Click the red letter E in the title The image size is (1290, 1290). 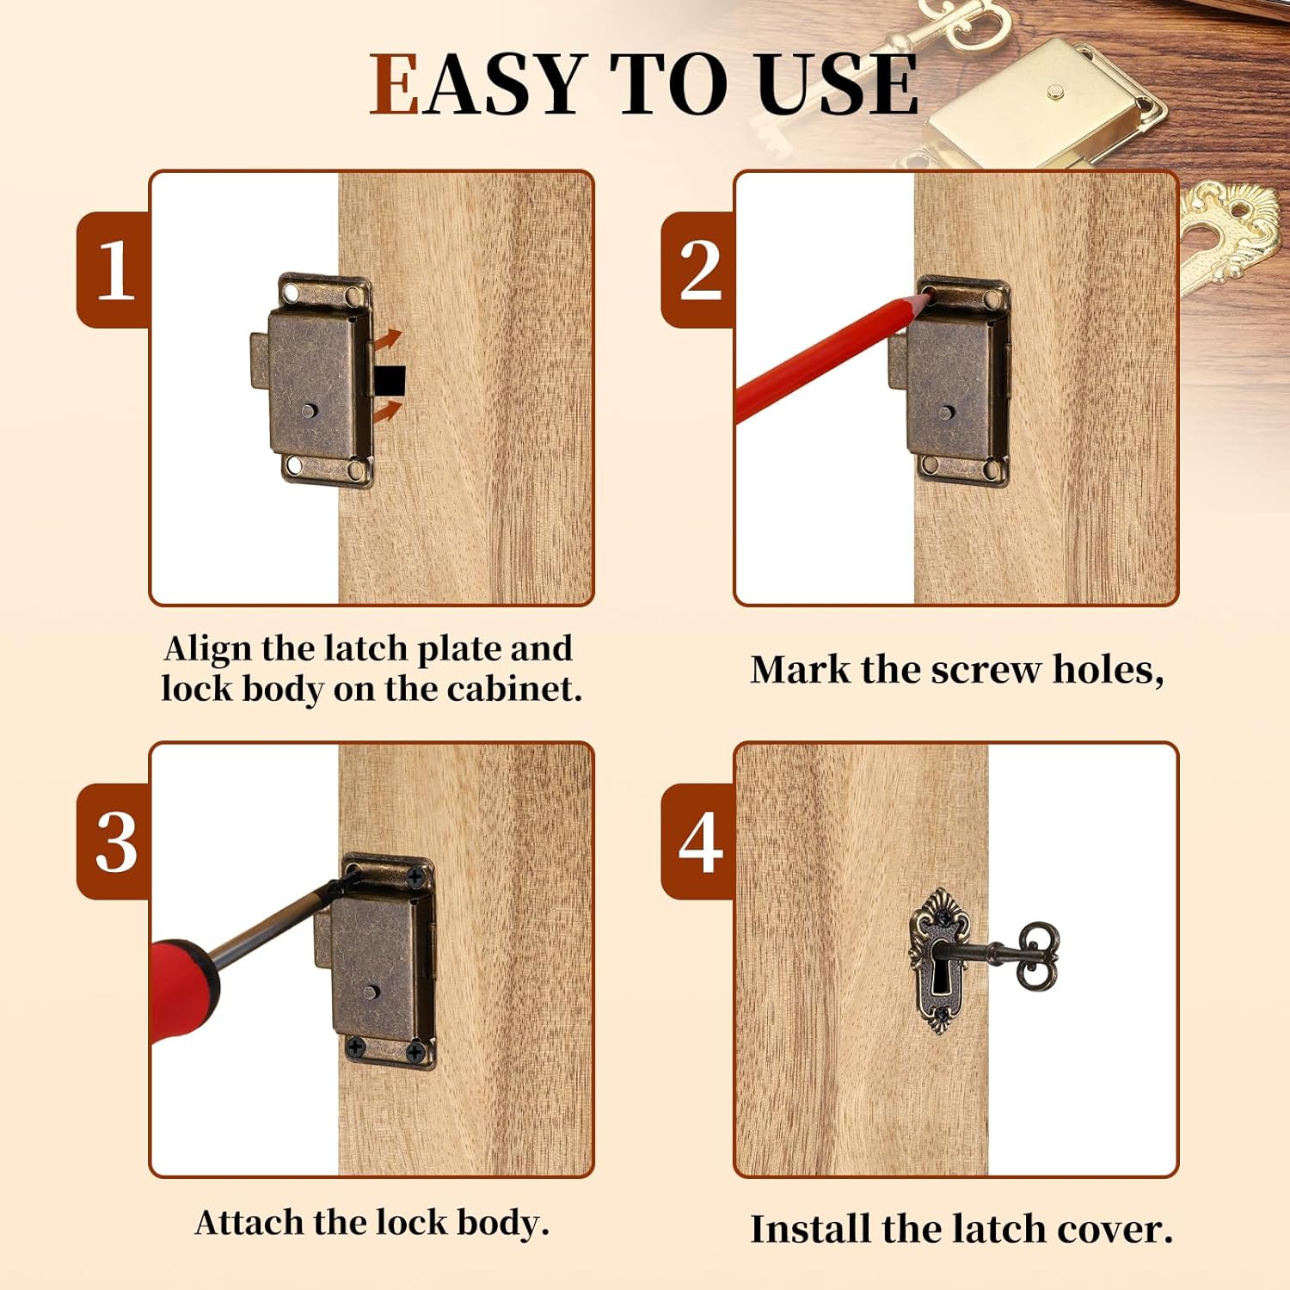coord(393,84)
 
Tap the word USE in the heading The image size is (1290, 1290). coord(838,84)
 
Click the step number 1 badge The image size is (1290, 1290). coord(114,269)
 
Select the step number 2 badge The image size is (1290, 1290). coord(699,269)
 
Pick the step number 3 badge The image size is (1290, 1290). coord(114,841)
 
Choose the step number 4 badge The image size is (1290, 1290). coord(699,841)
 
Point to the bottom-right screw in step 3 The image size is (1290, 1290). coord(416,1051)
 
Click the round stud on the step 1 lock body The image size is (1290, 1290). coord(310,411)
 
